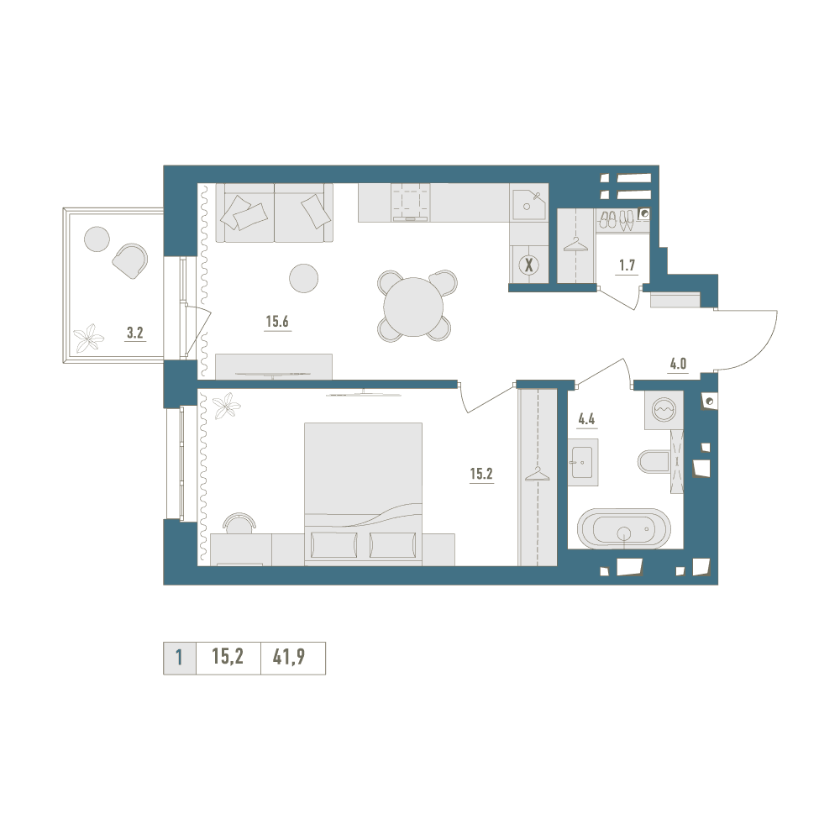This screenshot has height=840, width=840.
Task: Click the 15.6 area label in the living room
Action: (277, 322)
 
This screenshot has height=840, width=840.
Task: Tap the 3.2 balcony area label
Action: (135, 333)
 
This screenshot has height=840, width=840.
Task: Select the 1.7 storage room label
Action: (627, 265)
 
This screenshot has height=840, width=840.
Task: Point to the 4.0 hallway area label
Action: (678, 365)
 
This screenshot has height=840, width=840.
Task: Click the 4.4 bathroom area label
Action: (586, 419)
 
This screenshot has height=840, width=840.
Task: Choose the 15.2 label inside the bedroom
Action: (481, 474)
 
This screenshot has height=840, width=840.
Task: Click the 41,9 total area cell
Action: (289, 656)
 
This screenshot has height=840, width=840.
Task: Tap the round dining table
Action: (413, 306)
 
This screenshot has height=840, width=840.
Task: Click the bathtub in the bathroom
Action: (623, 529)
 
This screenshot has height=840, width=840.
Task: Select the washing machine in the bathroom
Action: (664, 409)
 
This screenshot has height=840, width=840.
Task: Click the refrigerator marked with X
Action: (529, 264)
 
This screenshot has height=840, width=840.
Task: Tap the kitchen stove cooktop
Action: (411, 202)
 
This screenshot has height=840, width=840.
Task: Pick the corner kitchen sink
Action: (529, 204)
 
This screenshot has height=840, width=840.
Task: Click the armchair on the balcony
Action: (130, 261)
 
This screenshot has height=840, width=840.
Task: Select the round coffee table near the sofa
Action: (304, 279)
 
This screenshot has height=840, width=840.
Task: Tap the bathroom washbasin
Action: (583, 462)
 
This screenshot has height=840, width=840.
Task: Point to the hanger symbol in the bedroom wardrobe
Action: (538, 475)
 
